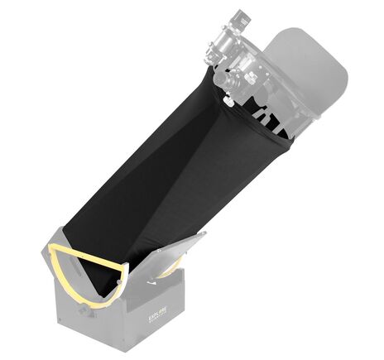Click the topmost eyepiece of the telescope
coord(240,17)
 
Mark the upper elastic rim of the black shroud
coord(257,124)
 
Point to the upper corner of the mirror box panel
coord(204,236)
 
